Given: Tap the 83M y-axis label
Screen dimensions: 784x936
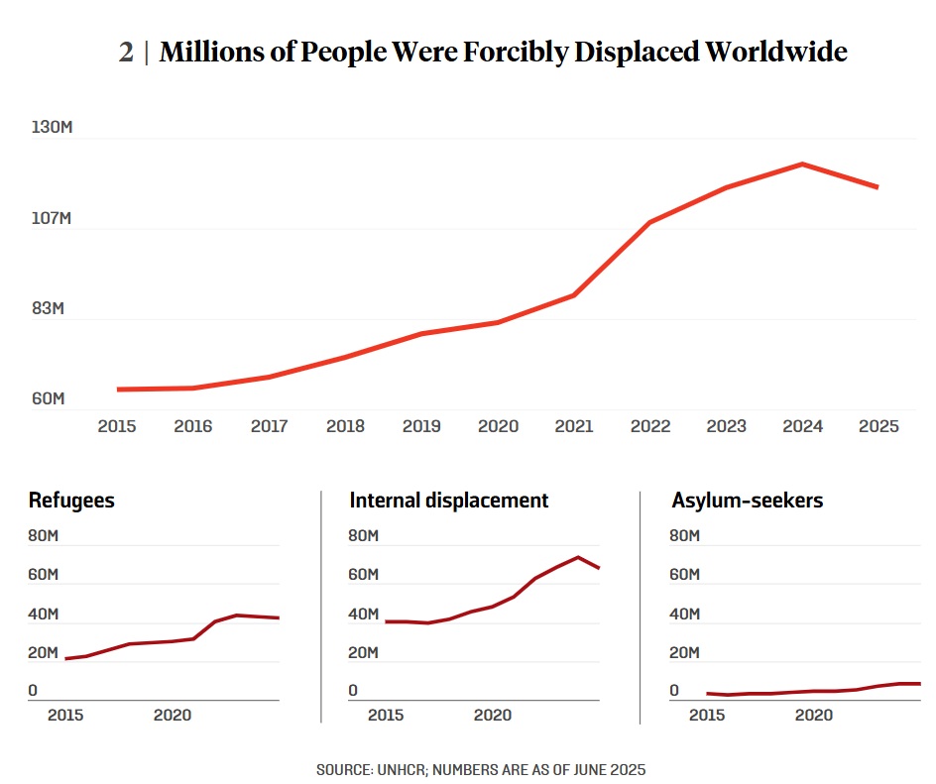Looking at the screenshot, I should coord(48,308).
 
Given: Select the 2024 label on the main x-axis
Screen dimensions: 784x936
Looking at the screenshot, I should coord(802,426).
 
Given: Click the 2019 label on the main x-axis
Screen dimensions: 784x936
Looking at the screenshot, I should coord(421,426).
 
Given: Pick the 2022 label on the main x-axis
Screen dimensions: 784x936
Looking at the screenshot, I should coord(650,426).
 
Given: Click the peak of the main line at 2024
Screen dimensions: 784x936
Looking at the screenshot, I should coord(802,165).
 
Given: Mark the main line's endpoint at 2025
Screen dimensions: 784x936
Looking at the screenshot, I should coord(877,186).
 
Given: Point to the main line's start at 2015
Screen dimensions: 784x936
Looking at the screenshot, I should coord(118,390).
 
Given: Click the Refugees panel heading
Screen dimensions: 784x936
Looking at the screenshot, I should coord(71,501).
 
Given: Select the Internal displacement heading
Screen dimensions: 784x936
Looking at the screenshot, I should coord(448,501).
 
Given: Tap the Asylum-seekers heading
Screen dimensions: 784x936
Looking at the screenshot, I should coord(747,501).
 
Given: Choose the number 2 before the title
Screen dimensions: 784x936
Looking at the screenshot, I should coord(126,53).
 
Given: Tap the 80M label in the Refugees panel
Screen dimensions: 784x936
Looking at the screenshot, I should coord(44,536).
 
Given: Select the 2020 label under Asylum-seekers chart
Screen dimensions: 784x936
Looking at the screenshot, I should coord(814,715).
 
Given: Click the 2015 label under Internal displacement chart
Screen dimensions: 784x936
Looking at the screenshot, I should coord(386,715).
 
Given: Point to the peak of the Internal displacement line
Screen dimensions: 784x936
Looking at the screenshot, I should coord(578,557).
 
